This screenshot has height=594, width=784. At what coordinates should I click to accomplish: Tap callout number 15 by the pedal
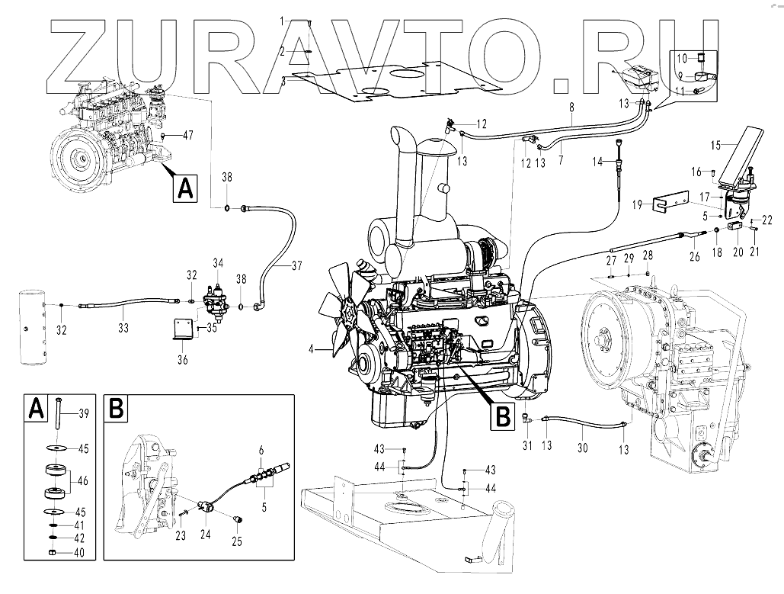click(x=715, y=144)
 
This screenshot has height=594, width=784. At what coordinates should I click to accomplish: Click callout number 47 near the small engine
click(x=187, y=134)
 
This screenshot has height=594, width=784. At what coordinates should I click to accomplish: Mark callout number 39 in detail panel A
click(x=83, y=413)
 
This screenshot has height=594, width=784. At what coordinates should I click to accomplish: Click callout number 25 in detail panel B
click(x=236, y=542)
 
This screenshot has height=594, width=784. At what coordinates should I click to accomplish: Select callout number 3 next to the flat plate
click(x=283, y=79)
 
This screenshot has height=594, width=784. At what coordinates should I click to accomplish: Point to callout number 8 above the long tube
click(x=571, y=109)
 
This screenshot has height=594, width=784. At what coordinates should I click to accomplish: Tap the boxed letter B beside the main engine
click(x=503, y=416)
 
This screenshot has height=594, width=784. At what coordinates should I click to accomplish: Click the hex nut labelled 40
click(x=51, y=552)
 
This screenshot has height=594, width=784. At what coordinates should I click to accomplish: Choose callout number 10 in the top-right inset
click(x=683, y=57)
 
